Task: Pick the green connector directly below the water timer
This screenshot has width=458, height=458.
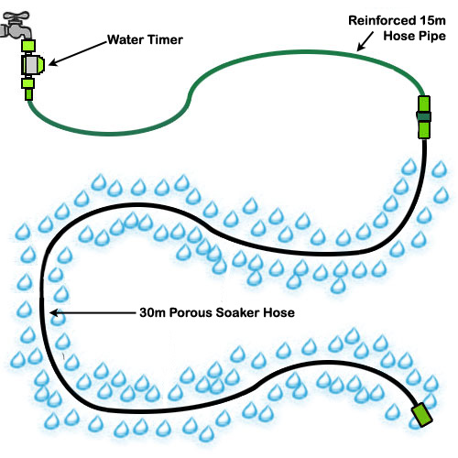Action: point(28,86)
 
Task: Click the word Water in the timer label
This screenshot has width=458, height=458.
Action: point(125,40)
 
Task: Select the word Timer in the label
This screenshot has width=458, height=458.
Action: point(165,40)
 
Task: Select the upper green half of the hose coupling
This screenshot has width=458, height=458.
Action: point(423,102)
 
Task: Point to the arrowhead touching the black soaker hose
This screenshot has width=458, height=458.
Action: point(56,314)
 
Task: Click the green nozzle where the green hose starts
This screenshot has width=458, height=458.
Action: point(28,93)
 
